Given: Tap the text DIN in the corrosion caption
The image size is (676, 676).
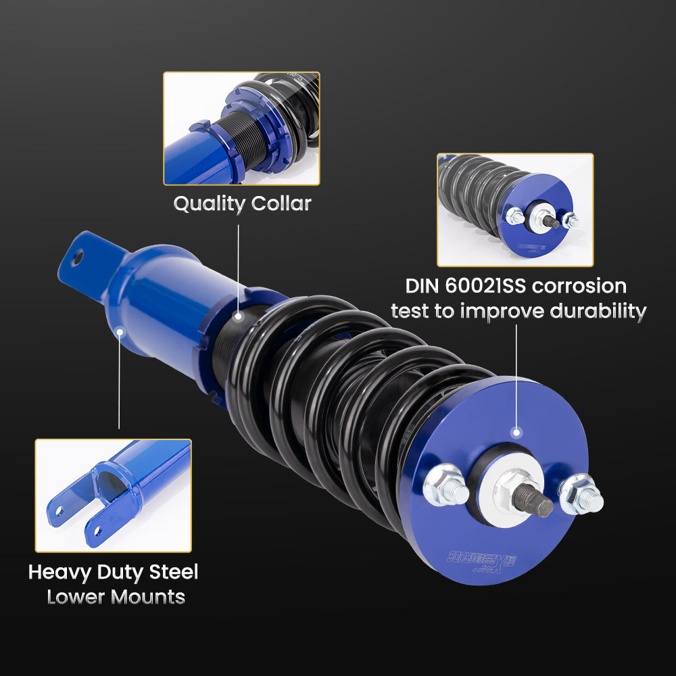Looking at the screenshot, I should coord(422,285).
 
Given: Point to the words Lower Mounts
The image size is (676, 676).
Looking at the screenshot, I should coord(116,597).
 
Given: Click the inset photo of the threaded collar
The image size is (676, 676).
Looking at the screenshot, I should coord(241,128).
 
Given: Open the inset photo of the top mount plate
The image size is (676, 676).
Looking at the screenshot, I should coord(515,210).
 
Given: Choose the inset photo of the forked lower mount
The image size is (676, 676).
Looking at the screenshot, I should coord(114,495).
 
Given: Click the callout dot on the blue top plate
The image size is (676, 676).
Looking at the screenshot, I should coord(517,433).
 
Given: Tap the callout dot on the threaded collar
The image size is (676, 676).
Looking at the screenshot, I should coord(238,315).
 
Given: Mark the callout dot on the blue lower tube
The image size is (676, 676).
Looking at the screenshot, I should coord(120,332).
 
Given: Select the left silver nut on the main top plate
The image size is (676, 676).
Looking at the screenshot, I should coord(444,485).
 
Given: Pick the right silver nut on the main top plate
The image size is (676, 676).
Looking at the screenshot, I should coord(581,493).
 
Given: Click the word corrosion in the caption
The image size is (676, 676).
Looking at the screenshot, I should coord(579,285).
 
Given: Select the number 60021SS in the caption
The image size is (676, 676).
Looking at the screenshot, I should coord(485,285).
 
